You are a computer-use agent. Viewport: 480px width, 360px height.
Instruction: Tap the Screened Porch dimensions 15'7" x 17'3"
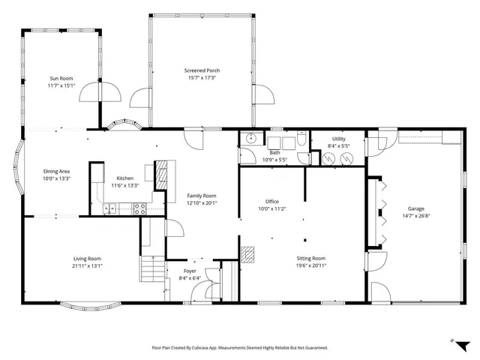[202, 77]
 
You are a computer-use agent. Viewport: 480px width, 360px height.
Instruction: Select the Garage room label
[415, 208]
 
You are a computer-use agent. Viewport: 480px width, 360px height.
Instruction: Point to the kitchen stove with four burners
[139, 209]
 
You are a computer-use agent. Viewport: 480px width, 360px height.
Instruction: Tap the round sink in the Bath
[250, 139]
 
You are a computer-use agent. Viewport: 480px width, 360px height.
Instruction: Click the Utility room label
[338, 139]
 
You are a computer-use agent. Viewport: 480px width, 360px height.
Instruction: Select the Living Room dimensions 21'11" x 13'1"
[87, 265]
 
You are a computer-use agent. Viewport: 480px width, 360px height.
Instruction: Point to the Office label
[271, 202]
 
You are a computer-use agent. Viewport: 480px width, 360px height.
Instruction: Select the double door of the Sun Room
[100, 92]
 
